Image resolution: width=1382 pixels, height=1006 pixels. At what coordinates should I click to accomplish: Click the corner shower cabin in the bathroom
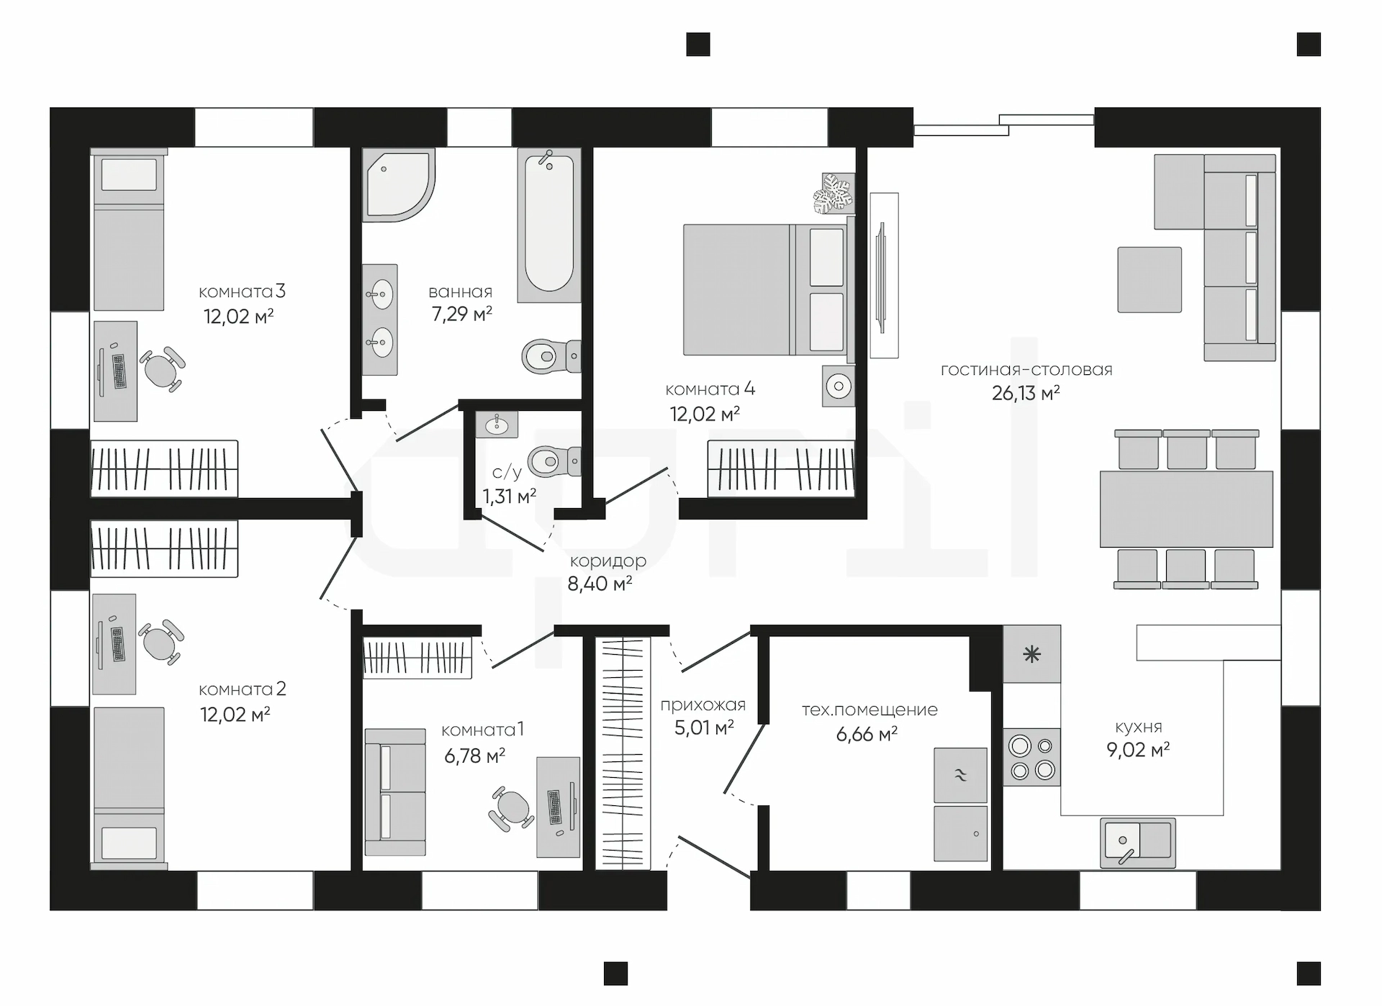point(398,184)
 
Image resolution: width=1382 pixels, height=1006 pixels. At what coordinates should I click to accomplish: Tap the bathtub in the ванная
point(549,225)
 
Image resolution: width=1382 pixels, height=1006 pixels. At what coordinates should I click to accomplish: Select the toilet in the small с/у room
point(554,461)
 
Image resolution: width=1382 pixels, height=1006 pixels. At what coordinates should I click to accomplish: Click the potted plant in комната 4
point(834,193)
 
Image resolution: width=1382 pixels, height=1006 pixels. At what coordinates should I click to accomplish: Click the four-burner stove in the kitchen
point(1031,757)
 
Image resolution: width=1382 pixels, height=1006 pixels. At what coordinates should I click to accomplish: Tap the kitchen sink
point(1137,842)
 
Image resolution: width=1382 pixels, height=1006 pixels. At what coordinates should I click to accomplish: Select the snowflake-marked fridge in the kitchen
point(1031,653)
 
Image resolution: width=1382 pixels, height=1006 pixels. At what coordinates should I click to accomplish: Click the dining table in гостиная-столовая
point(1186,509)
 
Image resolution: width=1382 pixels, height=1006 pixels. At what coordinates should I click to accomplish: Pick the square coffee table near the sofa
point(1150,280)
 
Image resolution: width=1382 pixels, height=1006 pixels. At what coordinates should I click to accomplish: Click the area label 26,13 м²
point(1026,393)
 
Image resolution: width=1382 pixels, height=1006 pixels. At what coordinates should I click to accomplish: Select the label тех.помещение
point(870,710)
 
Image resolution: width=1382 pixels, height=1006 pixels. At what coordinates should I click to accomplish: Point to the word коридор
point(608,561)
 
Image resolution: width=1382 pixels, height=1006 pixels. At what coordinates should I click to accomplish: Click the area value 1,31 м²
point(510,497)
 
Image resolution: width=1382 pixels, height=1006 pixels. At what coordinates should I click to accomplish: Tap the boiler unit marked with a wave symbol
point(960,775)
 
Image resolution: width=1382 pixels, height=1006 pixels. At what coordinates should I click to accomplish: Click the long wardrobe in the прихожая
point(622,753)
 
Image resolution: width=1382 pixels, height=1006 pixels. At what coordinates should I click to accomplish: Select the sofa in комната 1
point(395,792)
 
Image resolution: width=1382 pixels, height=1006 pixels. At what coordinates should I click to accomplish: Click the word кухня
point(1138,727)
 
